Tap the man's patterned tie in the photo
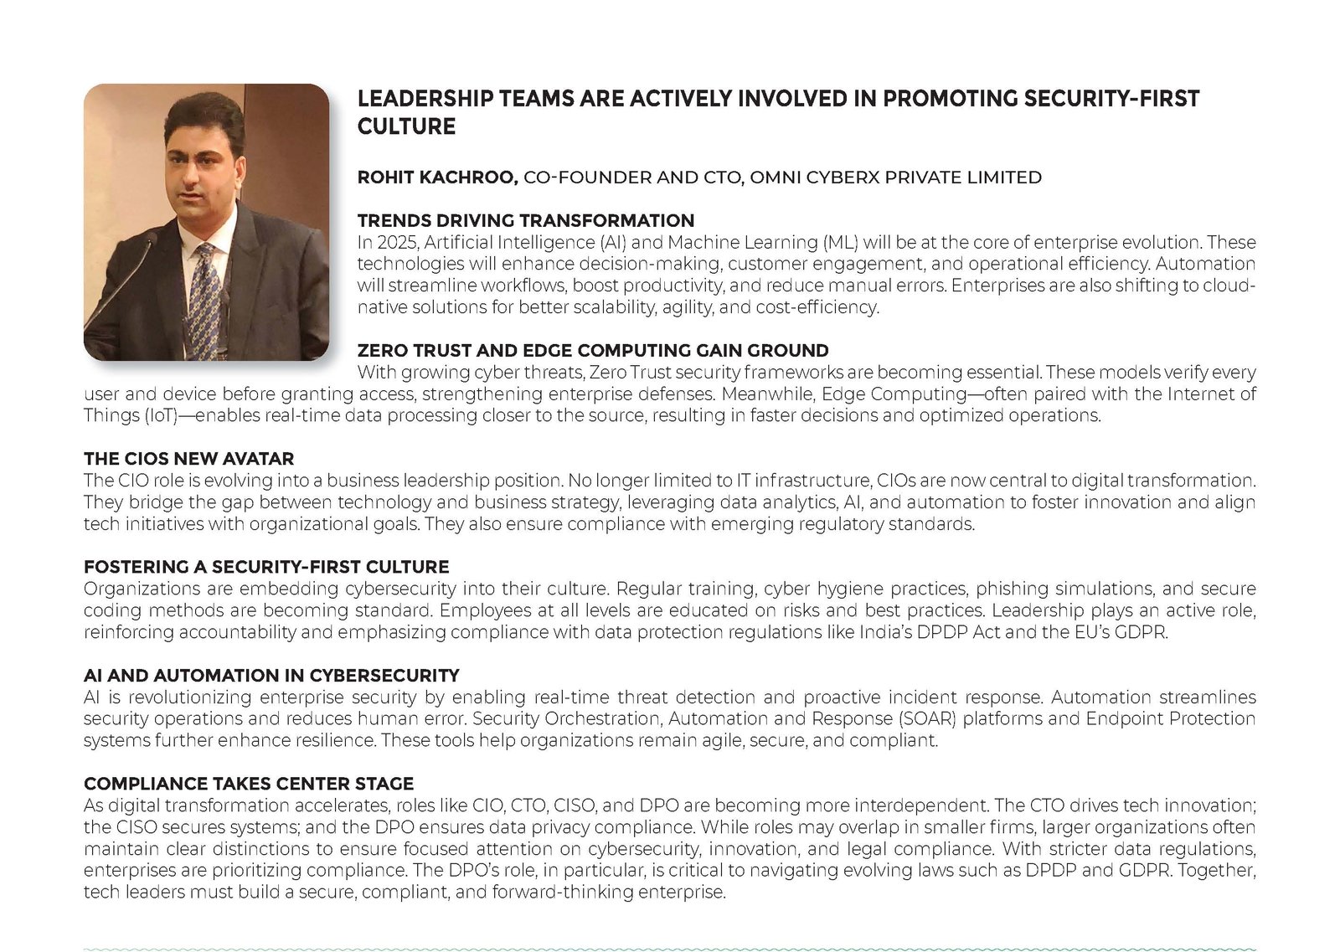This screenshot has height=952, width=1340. tap(205, 297)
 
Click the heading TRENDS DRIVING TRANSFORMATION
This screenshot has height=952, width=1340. tap(525, 220)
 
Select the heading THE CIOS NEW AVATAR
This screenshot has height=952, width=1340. tap(188, 459)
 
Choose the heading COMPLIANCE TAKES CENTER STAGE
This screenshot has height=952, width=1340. tap(249, 784)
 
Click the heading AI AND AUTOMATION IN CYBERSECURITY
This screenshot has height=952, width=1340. tap(271, 676)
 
